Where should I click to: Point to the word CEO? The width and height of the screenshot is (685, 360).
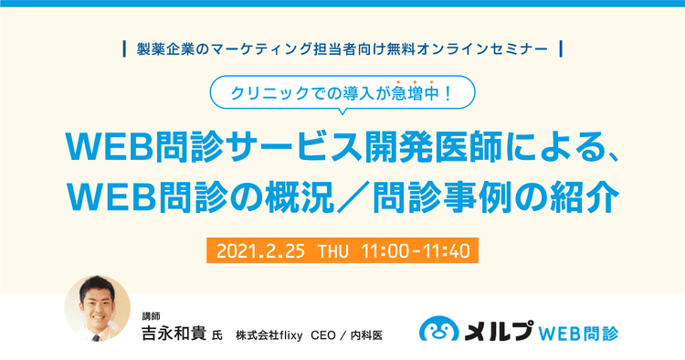click(x=325, y=334)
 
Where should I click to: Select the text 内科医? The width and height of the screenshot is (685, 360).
click(x=368, y=334)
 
